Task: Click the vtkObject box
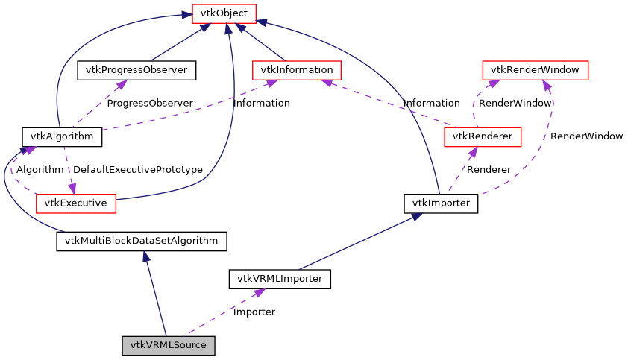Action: pyautogui.click(x=224, y=13)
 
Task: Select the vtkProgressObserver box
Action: pyautogui.click(x=136, y=70)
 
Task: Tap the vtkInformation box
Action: pyautogui.click(x=297, y=70)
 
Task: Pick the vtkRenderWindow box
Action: pyautogui.click(x=535, y=70)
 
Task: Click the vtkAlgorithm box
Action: pyautogui.click(x=61, y=136)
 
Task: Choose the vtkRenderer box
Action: pyautogui.click(x=482, y=136)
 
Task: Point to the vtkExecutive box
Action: pyautogui.click(x=75, y=202)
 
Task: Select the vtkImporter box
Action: pyautogui.click(x=440, y=202)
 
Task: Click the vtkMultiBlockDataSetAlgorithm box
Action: pyautogui.click(x=141, y=241)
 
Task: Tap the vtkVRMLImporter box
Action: pyautogui.click(x=279, y=280)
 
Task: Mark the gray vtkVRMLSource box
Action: pyautogui.click(x=169, y=345)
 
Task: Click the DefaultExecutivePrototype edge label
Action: pyautogui.click(x=138, y=170)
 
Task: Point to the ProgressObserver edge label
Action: pyautogui.click(x=149, y=103)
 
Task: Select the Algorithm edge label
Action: pyautogui.click(x=40, y=170)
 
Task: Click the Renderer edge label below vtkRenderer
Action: pyautogui.click(x=489, y=170)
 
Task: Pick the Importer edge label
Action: pyautogui.click(x=254, y=312)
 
